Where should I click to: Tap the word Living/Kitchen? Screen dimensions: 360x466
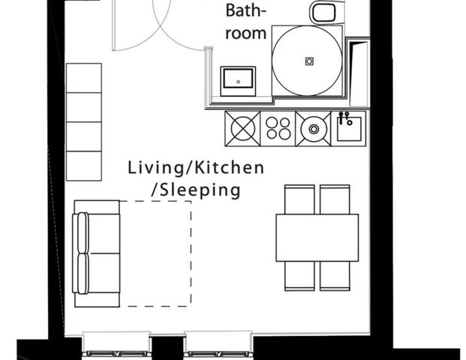(195, 167)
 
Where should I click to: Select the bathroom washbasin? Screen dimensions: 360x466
(238, 80)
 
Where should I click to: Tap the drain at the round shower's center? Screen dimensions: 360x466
(307, 60)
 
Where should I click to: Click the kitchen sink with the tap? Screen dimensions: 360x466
(349, 128)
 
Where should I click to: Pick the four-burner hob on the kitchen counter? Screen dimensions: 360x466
(278, 128)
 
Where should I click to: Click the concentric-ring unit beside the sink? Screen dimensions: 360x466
(313, 128)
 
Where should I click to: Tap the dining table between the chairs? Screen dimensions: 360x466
(317, 237)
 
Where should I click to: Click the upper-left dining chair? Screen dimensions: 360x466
(299, 199)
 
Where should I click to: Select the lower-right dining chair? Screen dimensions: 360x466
(335, 276)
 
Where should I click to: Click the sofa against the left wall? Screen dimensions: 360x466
(96, 253)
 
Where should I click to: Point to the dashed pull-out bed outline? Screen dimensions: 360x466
(155, 253)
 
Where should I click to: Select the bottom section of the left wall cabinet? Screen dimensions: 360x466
(83, 166)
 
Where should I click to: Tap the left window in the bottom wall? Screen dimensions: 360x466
(116, 345)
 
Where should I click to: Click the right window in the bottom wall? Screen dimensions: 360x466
(218, 345)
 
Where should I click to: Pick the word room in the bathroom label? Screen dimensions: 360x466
(246, 33)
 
